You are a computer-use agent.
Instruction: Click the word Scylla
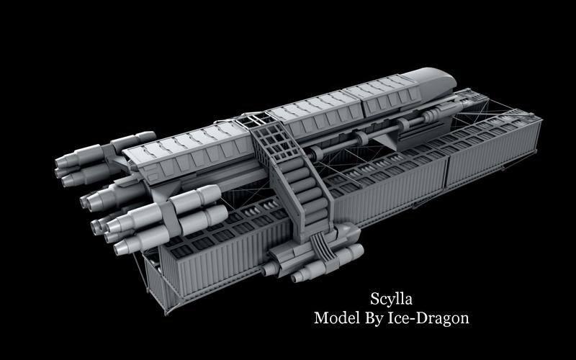[391, 299]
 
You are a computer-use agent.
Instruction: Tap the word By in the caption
[374, 318]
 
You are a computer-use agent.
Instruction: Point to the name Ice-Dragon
[428, 318]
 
